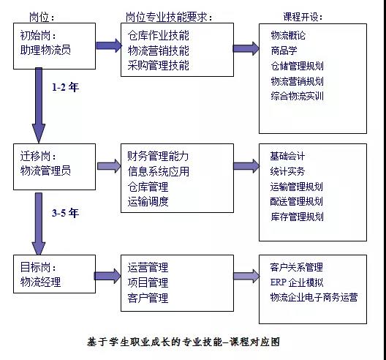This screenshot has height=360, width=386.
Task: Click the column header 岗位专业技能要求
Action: [166, 17]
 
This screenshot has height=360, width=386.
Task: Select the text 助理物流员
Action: [45, 50]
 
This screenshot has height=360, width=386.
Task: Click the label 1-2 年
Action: [66, 87]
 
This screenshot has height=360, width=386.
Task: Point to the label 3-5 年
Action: [66, 213]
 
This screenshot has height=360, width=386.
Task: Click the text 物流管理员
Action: [45, 170]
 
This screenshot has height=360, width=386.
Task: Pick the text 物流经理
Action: [40, 282]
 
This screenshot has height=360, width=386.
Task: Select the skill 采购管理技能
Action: [159, 66]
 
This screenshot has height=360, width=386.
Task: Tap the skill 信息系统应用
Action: [159, 171]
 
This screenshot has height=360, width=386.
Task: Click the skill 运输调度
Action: [148, 201]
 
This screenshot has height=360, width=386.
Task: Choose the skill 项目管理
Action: [148, 282]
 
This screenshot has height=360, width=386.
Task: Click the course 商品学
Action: [284, 50]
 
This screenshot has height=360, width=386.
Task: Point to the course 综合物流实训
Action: [297, 96]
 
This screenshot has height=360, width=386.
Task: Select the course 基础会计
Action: [287, 156]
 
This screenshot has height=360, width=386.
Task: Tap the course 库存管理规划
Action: [297, 217]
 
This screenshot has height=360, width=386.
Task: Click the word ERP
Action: [279, 282]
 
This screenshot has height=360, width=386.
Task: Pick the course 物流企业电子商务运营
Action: [314, 297]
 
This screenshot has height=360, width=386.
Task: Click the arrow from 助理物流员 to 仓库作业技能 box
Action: [109, 45]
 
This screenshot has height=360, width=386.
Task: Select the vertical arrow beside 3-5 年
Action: [39, 224]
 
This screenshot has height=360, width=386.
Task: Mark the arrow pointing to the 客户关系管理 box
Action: [246, 276]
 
